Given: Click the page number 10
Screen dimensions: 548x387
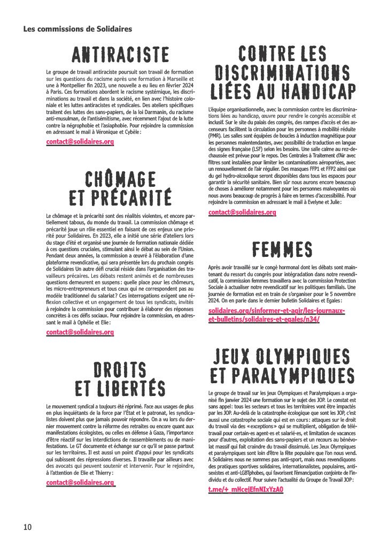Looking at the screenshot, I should pyautogui.click(x=27, y=527).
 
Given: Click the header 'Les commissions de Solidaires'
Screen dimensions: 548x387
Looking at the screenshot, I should pyautogui.click(x=78, y=29).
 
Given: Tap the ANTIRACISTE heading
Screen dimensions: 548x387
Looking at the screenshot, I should pyautogui.click(x=121, y=54).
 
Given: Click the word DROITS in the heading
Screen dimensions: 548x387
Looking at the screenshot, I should pyautogui.click(x=120, y=370).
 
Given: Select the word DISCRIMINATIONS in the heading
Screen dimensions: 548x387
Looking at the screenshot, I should pyautogui.click(x=282, y=72).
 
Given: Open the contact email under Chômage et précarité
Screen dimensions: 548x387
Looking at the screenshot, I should pyautogui.click(x=80, y=332).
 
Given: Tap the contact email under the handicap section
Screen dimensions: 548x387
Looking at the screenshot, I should pyautogui.click(x=242, y=212).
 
